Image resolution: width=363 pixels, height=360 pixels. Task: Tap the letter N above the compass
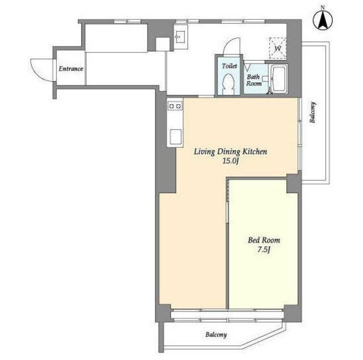point(323,7)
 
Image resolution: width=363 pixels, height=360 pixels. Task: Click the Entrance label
point(71,69)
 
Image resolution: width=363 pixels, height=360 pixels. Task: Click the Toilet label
point(229,66)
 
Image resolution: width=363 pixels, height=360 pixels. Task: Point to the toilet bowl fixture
point(229,84)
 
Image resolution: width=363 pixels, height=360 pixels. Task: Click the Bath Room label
point(254,80)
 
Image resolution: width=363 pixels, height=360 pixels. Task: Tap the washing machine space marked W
point(278,48)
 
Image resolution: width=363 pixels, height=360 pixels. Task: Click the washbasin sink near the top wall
point(181,37)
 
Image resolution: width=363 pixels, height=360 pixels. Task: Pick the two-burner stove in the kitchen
point(175,106)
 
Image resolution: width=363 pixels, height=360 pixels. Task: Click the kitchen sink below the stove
point(175,137)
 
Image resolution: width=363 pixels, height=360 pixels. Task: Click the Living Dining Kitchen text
point(230,152)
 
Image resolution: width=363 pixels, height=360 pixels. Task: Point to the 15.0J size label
point(230,161)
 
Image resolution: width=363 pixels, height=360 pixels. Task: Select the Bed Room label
point(264,240)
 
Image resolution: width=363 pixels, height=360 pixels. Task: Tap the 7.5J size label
point(264,249)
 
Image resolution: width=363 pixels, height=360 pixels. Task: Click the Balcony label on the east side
point(313,112)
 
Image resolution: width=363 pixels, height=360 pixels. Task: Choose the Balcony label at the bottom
point(216,334)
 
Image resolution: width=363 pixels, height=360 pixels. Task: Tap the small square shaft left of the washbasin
point(163,44)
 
